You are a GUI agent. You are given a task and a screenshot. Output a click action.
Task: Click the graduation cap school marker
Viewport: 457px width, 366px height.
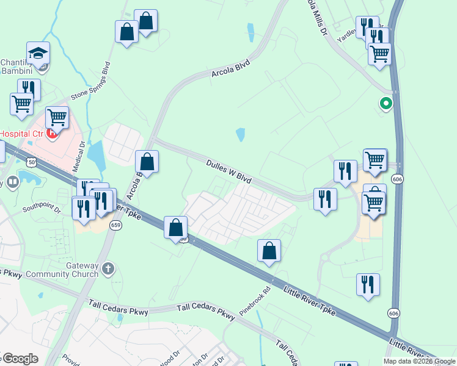coord(38,54)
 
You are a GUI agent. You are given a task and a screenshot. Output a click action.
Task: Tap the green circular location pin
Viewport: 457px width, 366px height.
coord(386,104)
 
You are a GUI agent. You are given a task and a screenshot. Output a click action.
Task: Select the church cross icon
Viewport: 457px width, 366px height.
coord(108,267)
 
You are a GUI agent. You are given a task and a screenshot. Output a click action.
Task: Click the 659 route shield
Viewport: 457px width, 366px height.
coord(115,225)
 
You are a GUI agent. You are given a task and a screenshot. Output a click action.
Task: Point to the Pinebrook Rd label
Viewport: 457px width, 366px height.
coord(255,301)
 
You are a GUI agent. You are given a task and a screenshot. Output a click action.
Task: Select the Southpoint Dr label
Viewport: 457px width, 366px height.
coord(42,209)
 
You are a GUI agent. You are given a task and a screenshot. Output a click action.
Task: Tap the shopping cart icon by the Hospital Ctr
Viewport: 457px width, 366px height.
coord(57,117)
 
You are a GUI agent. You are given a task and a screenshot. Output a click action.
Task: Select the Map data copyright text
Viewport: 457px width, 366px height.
coord(419,361)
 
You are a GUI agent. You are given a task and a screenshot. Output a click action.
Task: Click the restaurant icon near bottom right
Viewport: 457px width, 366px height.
coord(368,285)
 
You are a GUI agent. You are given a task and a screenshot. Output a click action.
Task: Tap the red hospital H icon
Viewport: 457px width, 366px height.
coord(53,132)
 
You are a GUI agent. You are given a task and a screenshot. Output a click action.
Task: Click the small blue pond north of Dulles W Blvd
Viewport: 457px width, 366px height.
coord(240,134)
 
